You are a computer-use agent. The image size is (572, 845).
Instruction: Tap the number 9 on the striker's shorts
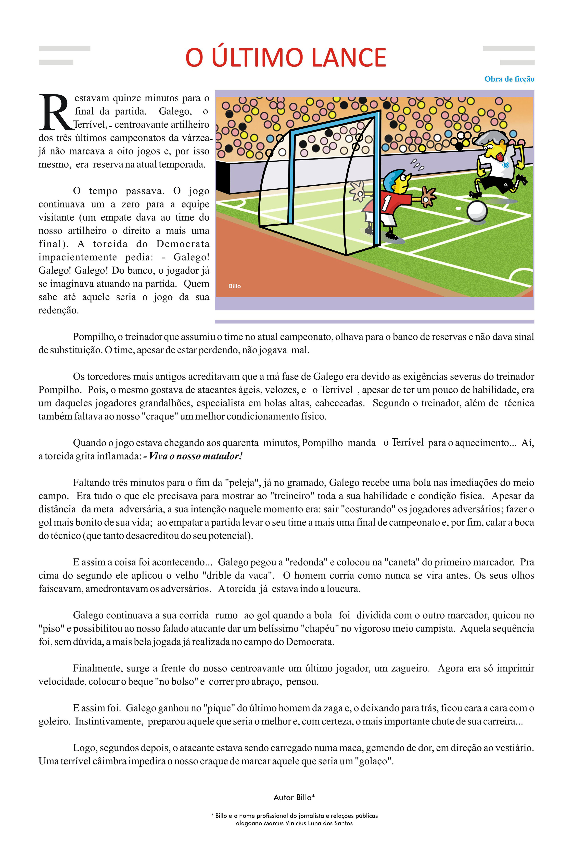505,185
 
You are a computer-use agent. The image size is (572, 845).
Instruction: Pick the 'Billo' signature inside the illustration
234,286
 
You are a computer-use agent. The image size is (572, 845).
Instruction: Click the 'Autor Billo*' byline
294,797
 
